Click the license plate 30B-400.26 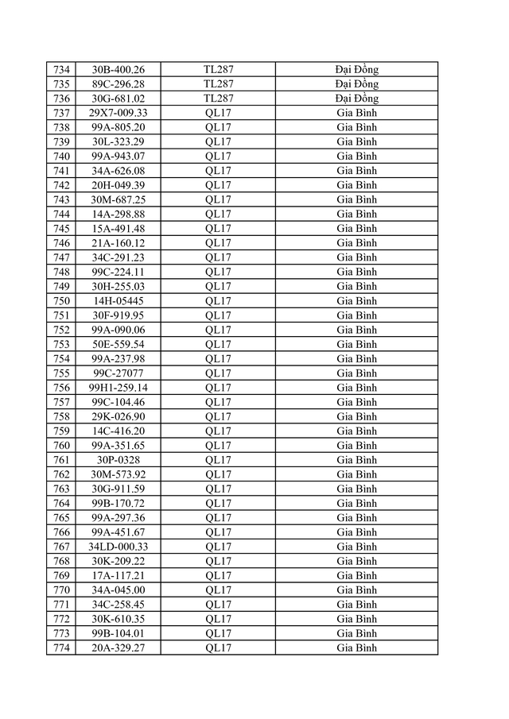pyautogui.click(x=118, y=69)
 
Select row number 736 pyautogui.click(x=61, y=99)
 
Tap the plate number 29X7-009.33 pyautogui.click(x=118, y=113)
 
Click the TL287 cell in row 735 pyautogui.click(x=218, y=84)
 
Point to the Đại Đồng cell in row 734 pyautogui.click(x=356, y=69)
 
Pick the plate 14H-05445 pyautogui.click(x=118, y=301)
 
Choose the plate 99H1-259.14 pyautogui.click(x=118, y=388)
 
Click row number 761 pyautogui.click(x=61, y=460)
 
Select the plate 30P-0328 pyautogui.click(x=118, y=460)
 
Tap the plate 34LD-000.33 pyautogui.click(x=118, y=547)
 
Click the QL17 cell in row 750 pyautogui.click(x=218, y=301)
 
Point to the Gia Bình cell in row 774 pyautogui.click(x=356, y=648)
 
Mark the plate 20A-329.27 pyautogui.click(x=118, y=648)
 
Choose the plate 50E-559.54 pyautogui.click(x=118, y=344)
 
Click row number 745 pyautogui.click(x=61, y=229)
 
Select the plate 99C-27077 pyautogui.click(x=118, y=373)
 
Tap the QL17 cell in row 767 pyautogui.click(x=218, y=547)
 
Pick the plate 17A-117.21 pyautogui.click(x=118, y=576)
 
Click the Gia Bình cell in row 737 pyautogui.click(x=356, y=113)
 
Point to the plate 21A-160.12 pyautogui.click(x=118, y=243)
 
